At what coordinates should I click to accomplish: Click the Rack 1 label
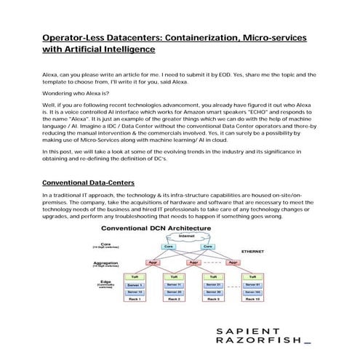134,299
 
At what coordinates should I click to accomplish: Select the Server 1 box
134,284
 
